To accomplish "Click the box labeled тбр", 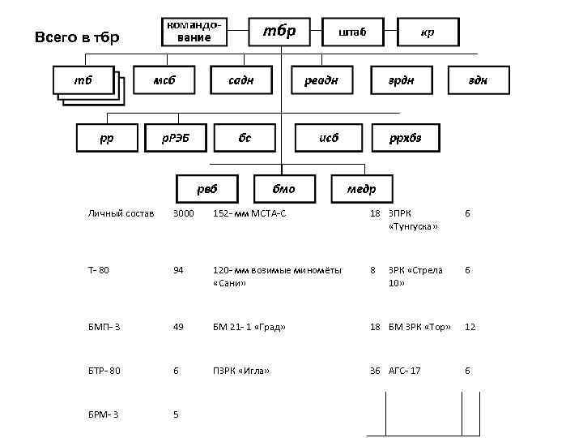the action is point(280,32).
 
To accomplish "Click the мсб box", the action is point(164,80).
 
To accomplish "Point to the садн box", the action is point(241,80).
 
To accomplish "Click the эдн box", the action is point(479,80).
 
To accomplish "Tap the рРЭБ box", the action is point(173,137).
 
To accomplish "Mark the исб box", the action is point(328,137).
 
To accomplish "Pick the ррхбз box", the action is point(406,137).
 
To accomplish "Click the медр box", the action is point(361,189).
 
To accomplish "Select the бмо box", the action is point(283,189).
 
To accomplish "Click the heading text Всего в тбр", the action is point(78,37).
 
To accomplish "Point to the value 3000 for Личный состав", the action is point(184,213).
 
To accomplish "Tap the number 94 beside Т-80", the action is point(178,270).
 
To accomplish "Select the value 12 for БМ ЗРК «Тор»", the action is point(470,327).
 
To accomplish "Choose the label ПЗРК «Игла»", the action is point(240,371).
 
